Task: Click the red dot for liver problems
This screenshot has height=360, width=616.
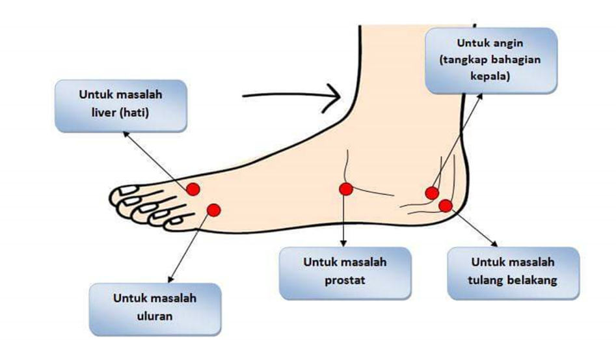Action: click(x=193, y=189)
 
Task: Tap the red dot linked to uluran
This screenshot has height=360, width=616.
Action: click(x=213, y=210)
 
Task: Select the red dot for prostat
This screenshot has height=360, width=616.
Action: click(x=346, y=189)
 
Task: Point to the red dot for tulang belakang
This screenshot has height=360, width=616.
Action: click(x=446, y=206)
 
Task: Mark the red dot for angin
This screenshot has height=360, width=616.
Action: click(x=431, y=193)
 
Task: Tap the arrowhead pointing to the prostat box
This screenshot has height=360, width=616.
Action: click(x=345, y=243)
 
